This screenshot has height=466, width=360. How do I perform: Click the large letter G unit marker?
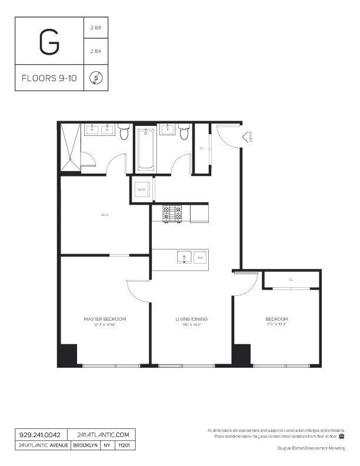[x=49, y=41]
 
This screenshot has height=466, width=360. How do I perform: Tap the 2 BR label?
[x=96, y=28]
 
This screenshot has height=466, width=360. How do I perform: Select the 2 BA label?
[x=96, y=51]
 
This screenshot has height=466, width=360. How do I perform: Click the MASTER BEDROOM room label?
[x=105, y=319]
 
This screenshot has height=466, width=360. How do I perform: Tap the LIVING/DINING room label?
[x=191, y=319]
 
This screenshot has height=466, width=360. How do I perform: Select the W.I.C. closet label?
[x=105, y=215]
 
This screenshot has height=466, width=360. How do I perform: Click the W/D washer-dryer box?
[x=141, y=189]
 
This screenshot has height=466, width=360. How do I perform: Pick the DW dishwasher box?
[x=200, y=258]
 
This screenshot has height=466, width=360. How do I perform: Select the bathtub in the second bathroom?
[x=146, y=151]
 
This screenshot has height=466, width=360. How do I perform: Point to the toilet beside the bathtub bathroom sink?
[x=184, y=133]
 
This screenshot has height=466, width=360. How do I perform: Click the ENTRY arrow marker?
[x=246, y=138]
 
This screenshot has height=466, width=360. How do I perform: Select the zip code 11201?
[x=124, y=445]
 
